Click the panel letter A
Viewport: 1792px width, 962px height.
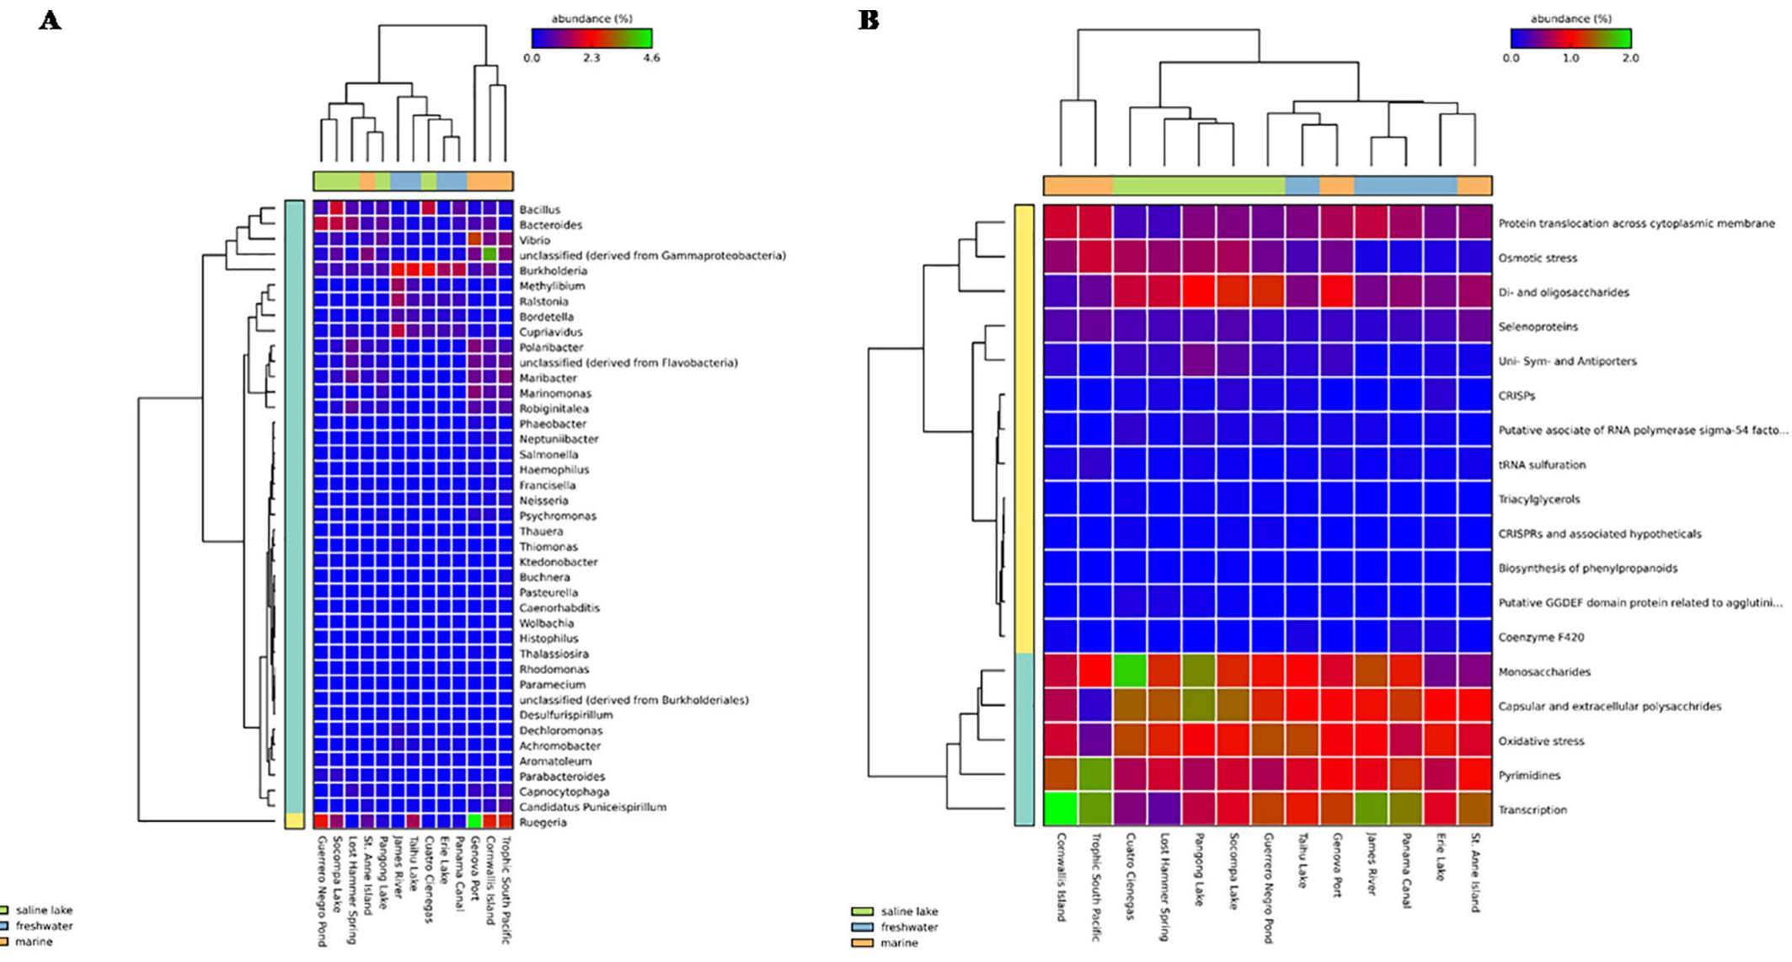click(50, 20)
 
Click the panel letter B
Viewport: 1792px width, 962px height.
click(869, 20)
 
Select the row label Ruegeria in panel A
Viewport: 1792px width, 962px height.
click(543, 822)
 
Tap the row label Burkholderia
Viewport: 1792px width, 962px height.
click(553, 270)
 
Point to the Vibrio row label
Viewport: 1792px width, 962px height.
click(534, 240)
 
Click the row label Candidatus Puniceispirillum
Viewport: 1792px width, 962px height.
click(592, 807)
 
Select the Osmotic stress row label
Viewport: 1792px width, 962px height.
click(1538, 258)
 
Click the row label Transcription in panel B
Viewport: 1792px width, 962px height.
click(1533, 810)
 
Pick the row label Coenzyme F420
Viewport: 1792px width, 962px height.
click(1541, 637)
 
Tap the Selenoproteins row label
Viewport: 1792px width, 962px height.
click(1538, 327)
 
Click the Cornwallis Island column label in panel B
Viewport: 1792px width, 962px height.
click(1061, 877)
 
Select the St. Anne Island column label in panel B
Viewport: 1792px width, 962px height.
click(1474, 873)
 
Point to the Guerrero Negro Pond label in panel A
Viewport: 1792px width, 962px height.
click(321, 890)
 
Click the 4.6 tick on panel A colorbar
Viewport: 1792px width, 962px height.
click(651, 58)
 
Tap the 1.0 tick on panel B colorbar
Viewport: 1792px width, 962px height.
click(1570, 58)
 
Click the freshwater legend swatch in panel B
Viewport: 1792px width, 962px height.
click(862, 927)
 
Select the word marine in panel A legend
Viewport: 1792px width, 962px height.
click(34, 942)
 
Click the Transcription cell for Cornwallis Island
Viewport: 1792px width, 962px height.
click(1061, 810)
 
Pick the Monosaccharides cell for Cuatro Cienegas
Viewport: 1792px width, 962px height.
click(1130, 671)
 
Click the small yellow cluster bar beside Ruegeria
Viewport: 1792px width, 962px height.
click(294, 821)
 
